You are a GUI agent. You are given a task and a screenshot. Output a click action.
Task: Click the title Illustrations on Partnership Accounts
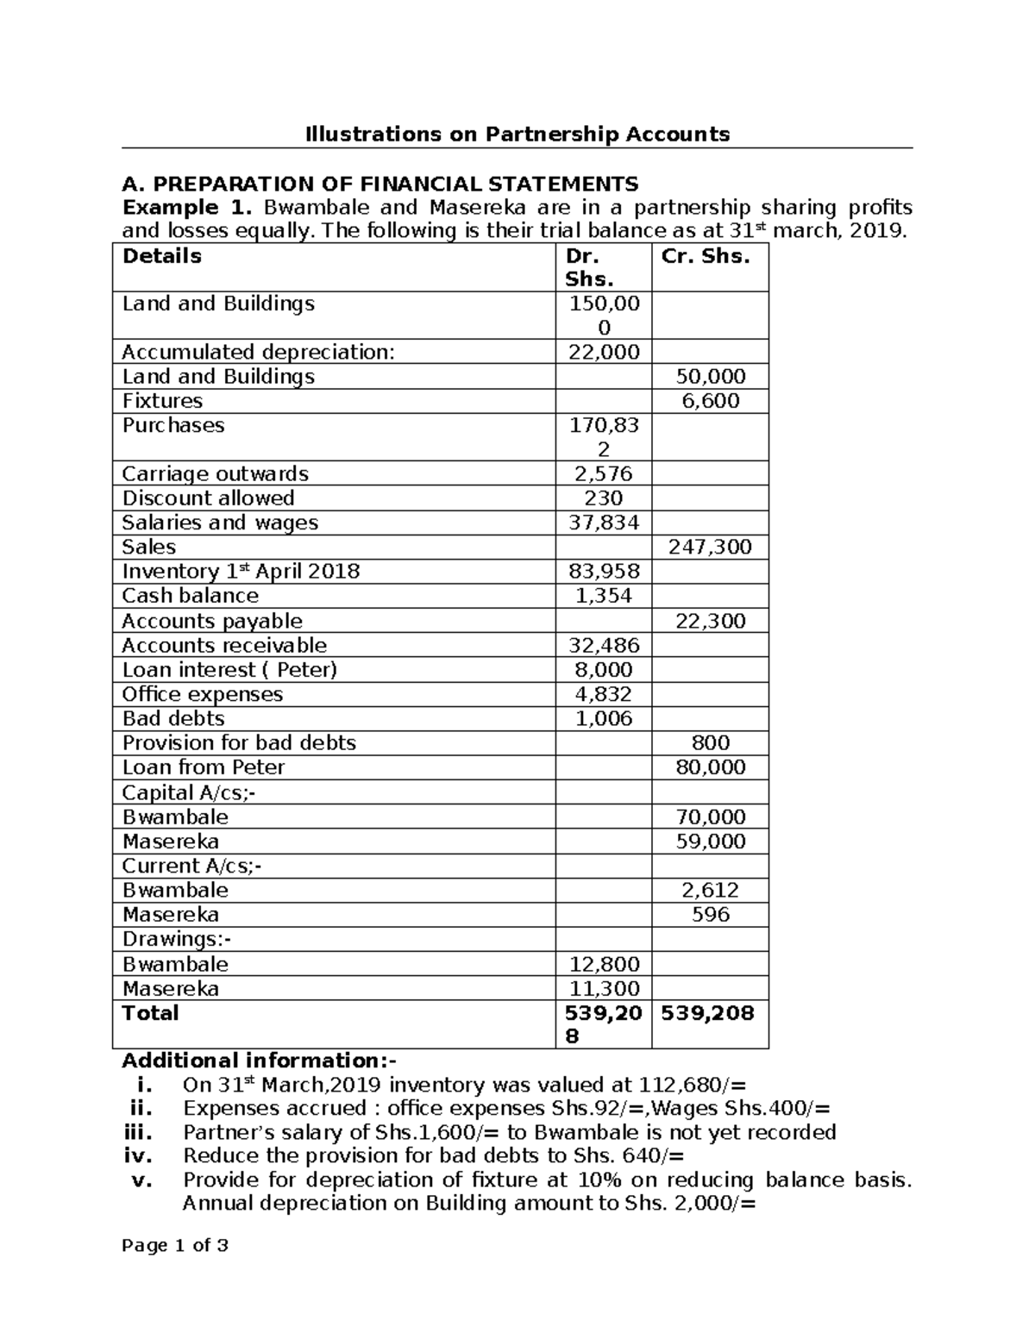pyautogui.click(x=517, y=134)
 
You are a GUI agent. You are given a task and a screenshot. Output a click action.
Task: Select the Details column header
pyautogui.click(x=162, y=256)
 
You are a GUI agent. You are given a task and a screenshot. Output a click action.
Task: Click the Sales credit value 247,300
pyautogui.click(x=710, y=547)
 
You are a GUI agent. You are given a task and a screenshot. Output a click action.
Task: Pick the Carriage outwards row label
pyautogui.click(x=215, y=473)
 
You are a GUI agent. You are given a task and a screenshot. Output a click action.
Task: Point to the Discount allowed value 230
pyautogui.click(x=603, y=498)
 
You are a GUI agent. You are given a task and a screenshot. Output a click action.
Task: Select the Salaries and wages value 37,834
pyautogui.click(x=603, y=522)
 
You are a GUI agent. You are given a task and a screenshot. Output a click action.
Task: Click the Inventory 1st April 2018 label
pyautogui.click(x=241, y=572)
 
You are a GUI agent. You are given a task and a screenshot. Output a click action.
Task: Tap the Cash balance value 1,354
pyautogui.click(x=603, y=596)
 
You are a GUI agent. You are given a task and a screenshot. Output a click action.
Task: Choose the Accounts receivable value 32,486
pyautogui.click(x=603, y=646)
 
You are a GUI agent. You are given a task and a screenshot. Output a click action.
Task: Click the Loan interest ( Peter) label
pyautogui.click(x=229, y=670)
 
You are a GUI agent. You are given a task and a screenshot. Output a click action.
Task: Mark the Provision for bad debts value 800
pyautogui.click(x=710, y=743)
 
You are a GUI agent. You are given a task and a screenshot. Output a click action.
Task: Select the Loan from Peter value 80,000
pyautogui.click(x=710, y=767)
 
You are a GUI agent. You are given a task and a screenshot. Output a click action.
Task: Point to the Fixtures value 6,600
pyautogui.click(x=710, y=401)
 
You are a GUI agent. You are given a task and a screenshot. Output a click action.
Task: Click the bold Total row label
pyautogui.click(x=150, y=1013)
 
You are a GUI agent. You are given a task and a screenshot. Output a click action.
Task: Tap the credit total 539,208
pyautogui.click(x=707, y=1013)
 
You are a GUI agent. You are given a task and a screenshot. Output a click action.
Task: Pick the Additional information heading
pyautogui.click(x=260, y=1061)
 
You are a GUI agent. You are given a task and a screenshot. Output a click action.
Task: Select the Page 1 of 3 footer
pyautogui.click(x=175, y=1246)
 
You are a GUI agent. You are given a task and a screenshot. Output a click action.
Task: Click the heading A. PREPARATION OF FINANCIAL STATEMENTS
pyautogui.click(x=380, y=184)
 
